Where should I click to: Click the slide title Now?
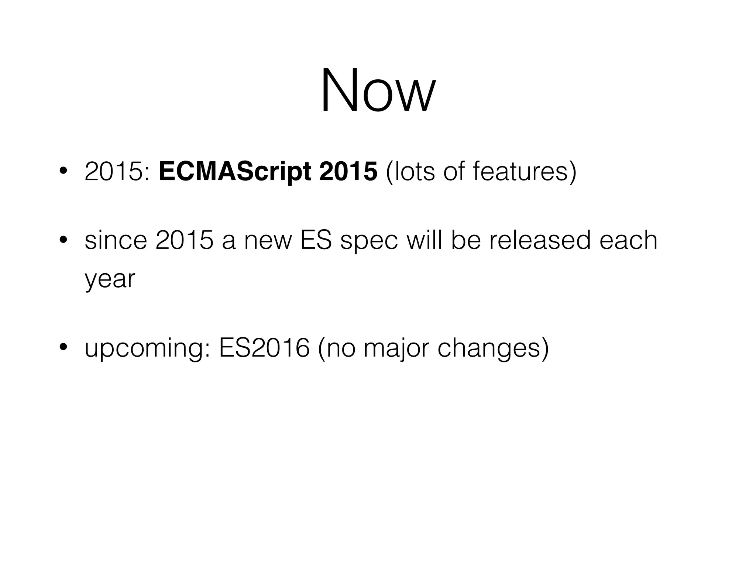(378, 90)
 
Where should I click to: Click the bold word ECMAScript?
(235, 172)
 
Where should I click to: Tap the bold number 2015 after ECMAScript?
(348, 172)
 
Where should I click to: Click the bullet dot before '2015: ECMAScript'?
(63, 171)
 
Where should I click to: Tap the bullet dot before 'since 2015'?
(63, 240)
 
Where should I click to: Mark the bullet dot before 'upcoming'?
(63, 347)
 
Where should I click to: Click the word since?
(116, 240)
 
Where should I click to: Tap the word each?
(628, 240)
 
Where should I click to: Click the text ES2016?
(264, 348)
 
